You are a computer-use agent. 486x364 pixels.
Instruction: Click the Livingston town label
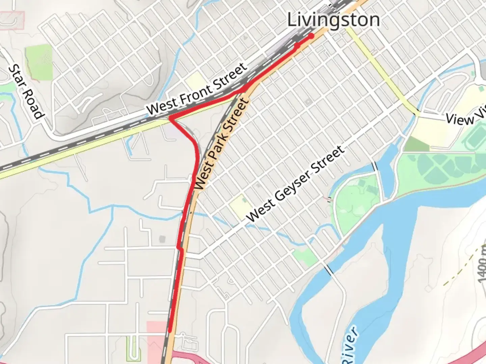coord(333,20)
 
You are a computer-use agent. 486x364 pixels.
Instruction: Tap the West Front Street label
coord(197,90)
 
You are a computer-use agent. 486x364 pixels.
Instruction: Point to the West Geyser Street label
coord(296,184)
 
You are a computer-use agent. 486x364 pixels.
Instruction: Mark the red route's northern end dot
coord(311,36)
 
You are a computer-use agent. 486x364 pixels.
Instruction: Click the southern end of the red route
coord(170,330)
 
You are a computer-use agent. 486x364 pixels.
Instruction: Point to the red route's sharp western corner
coord(170,118)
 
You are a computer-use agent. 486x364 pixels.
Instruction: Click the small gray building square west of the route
coord(162,239)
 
